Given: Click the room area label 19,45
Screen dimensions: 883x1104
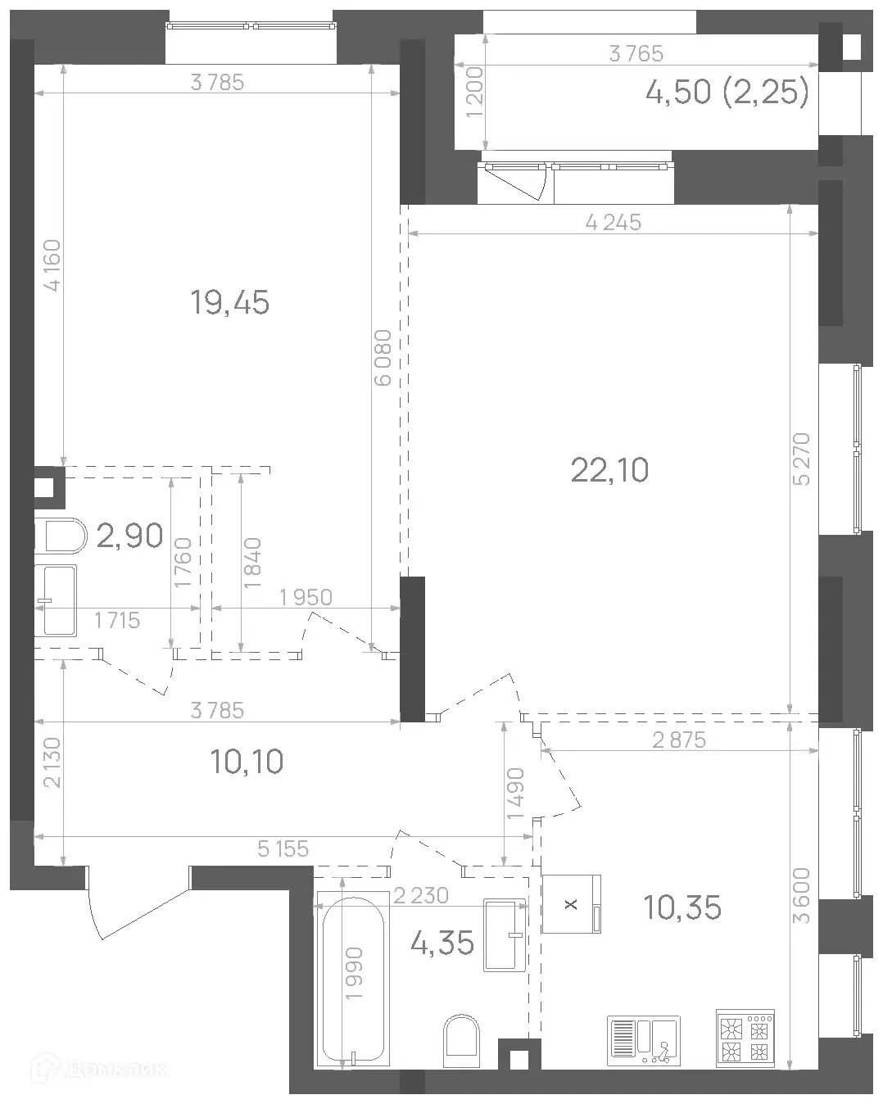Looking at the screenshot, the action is point(229,303).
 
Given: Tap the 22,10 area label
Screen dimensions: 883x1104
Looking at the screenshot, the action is point(609,470).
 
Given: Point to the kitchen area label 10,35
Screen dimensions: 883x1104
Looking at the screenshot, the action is point(681,907).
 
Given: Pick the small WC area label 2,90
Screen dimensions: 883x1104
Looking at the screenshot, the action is point(129,535).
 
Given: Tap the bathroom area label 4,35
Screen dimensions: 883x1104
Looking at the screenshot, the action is point(441,943).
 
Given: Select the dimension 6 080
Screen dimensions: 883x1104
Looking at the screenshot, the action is point(383,358).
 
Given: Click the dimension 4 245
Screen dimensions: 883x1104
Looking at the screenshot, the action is point(614,223).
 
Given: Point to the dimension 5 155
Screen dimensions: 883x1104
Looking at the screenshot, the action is point(283,849).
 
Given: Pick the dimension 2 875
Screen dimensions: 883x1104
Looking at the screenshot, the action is point(679,740).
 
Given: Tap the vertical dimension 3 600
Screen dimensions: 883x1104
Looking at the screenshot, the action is point(801,895).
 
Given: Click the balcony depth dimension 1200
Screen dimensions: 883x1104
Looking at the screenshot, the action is point(474,93).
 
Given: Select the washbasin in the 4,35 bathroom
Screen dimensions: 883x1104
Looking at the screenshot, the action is point(505,934).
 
